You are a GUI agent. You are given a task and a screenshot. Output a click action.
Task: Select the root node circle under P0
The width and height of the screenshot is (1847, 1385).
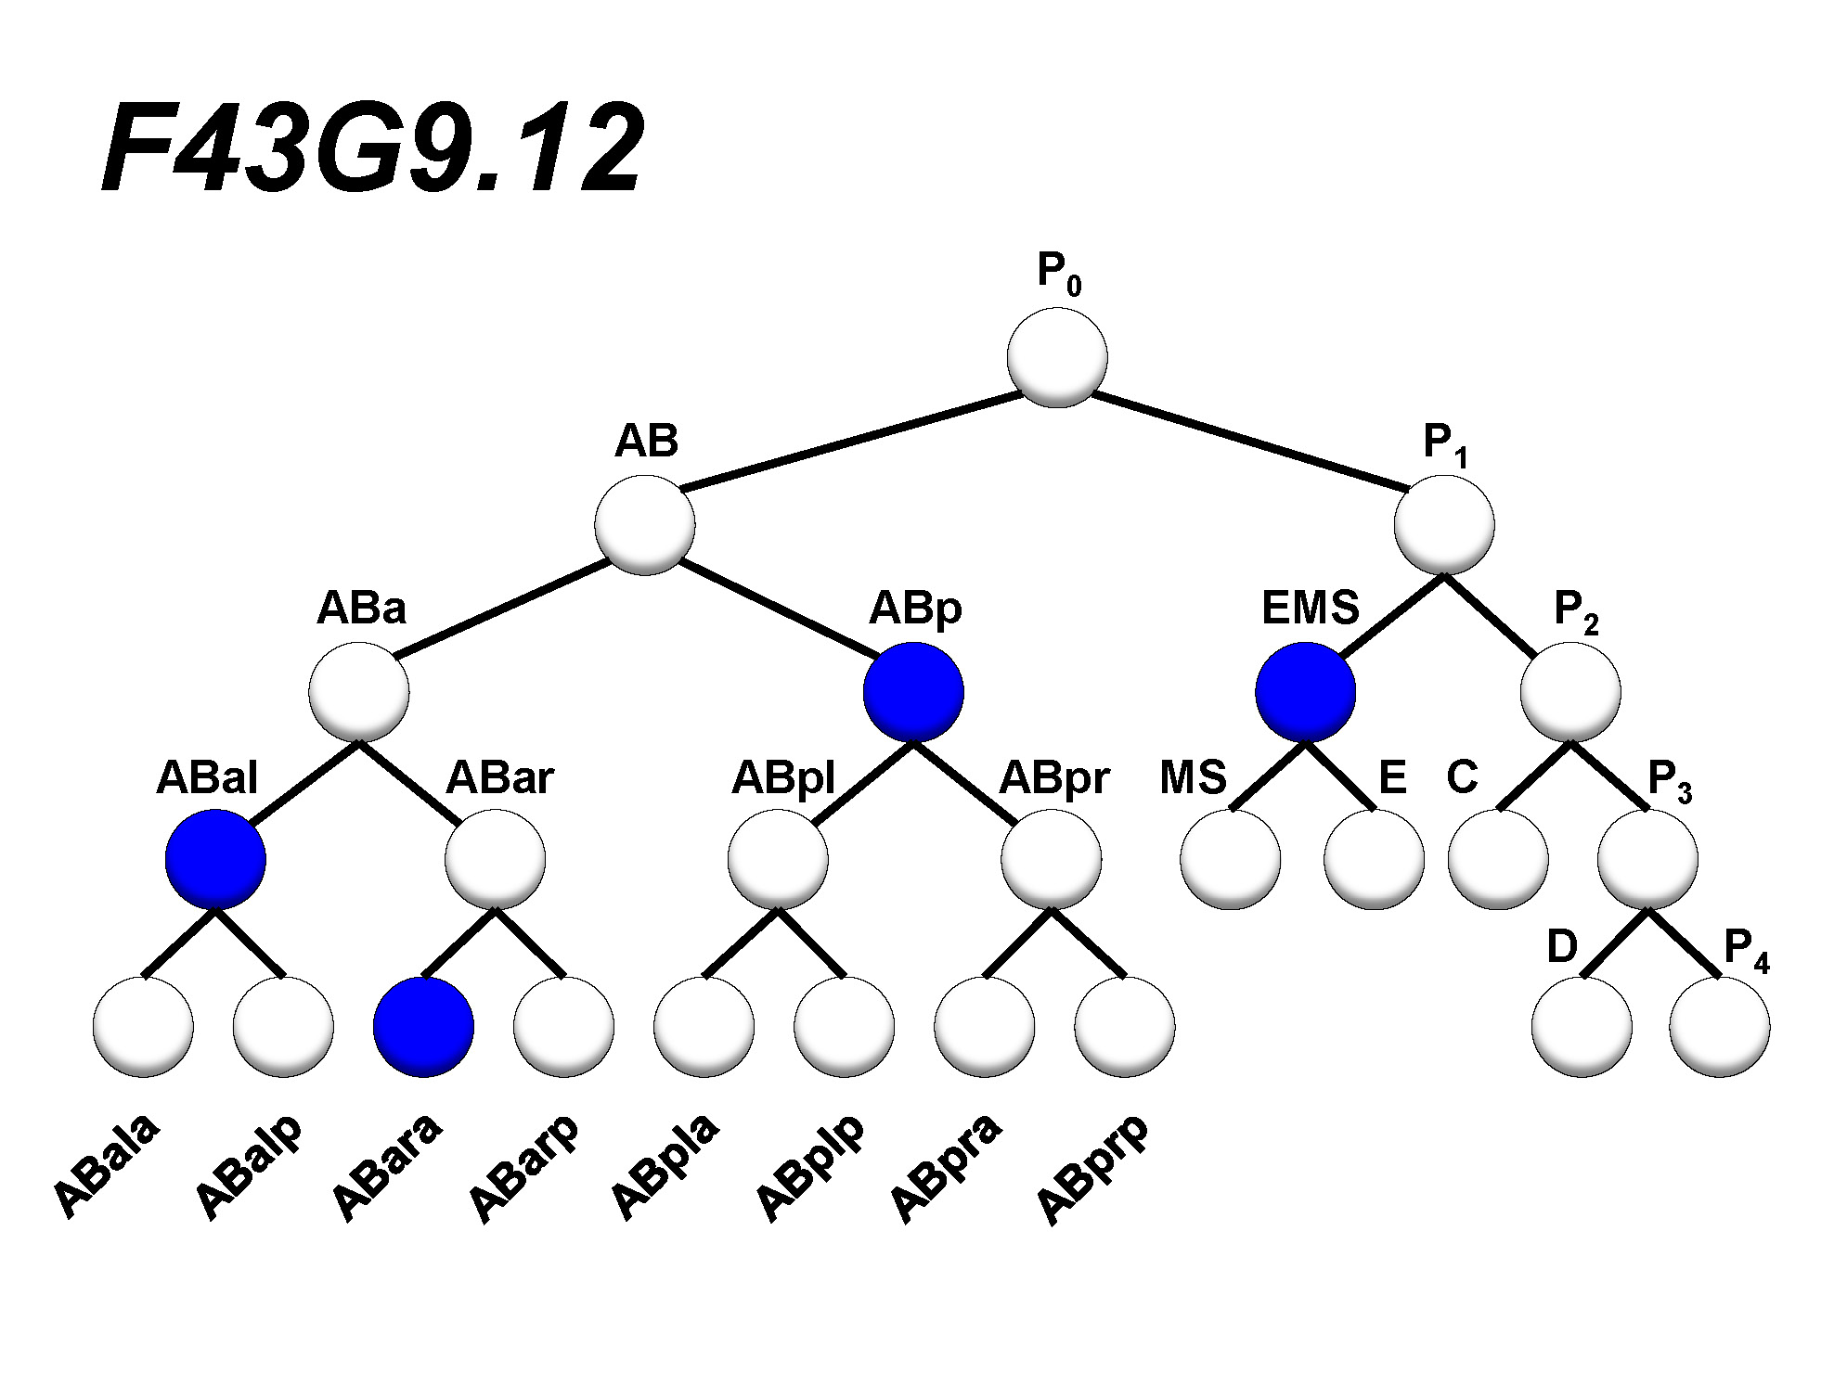click(1057, 357)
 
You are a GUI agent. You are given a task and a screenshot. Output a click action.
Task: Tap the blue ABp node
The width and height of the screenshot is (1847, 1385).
click(913, 692)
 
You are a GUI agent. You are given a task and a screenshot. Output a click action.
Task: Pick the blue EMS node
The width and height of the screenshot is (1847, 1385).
click(1305, 692)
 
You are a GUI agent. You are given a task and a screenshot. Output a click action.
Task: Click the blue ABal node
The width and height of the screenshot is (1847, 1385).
click(215, 859)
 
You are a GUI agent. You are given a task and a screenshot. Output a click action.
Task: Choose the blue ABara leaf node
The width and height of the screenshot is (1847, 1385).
click(423, 1027)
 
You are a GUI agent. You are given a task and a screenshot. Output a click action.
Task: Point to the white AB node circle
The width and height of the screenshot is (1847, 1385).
click(645, 524)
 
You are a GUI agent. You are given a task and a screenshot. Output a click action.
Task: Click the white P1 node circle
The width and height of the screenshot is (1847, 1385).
click(1444, 524)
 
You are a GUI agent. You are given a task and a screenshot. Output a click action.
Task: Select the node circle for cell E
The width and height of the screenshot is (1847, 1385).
click(1374, 859)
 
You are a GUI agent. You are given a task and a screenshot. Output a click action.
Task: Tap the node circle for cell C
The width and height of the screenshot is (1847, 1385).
click(1498, 859)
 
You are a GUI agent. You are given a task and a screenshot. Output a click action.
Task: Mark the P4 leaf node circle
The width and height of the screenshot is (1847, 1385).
click(1719, 1027)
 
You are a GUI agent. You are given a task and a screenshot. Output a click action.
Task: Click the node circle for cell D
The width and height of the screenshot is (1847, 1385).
click(1582, 1027)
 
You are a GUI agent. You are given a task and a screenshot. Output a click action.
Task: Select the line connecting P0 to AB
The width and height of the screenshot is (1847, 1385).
click(849, 442)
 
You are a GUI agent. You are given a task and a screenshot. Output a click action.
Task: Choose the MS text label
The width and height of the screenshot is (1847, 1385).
click(1193, 777)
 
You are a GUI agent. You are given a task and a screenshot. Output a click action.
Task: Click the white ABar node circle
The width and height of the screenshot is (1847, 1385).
click(495, 859)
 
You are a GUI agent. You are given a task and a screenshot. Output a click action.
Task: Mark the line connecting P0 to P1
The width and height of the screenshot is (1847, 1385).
click(1248, 441)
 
